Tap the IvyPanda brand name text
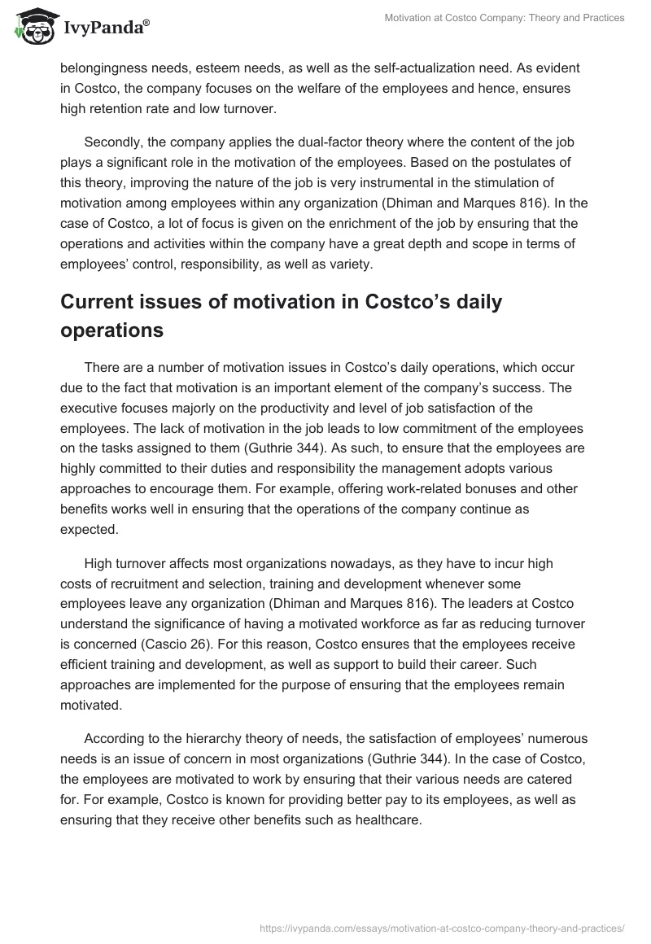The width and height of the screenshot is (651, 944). pos(105,28)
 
